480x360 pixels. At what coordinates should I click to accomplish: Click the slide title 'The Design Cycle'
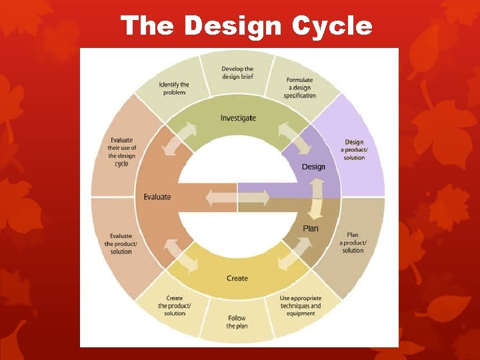point(246,25)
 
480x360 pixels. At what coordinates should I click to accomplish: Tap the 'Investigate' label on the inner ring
point(238,118)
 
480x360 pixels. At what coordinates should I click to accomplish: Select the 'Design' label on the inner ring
point(313,166)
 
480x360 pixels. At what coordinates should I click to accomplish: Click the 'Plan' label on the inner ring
point(311,228)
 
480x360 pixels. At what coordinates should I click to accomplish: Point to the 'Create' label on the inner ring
point(237,278)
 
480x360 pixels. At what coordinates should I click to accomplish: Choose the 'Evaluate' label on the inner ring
point(157,197)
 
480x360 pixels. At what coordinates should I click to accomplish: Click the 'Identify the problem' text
point(174,88)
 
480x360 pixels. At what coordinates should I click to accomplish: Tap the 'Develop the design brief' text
point(238,72)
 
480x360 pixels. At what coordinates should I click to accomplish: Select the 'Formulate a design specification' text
point(299,87)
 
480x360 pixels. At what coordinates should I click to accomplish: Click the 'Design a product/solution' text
point(354,149)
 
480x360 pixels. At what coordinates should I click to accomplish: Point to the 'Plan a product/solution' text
point(353,242)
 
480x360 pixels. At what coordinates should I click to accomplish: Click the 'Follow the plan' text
point(237,321)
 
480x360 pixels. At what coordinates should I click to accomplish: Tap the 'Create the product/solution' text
point(175,305)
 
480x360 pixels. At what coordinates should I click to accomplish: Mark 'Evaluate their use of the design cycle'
point(121,152)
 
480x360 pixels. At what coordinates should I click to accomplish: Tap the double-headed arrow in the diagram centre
point(237,198)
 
